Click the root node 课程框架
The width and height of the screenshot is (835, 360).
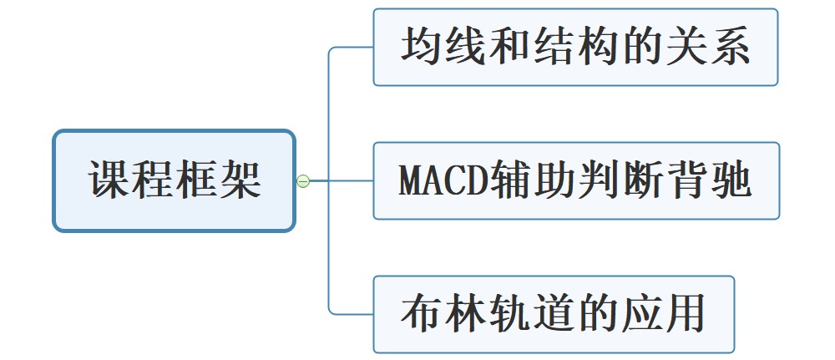[174, 180]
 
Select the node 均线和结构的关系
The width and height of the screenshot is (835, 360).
[575, 48]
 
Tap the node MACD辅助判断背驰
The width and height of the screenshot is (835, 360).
[575, 180]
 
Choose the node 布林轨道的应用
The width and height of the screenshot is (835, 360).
[553, 314]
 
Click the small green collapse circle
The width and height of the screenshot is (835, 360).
[303, 180]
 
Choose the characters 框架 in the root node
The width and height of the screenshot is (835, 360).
[218, 180]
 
